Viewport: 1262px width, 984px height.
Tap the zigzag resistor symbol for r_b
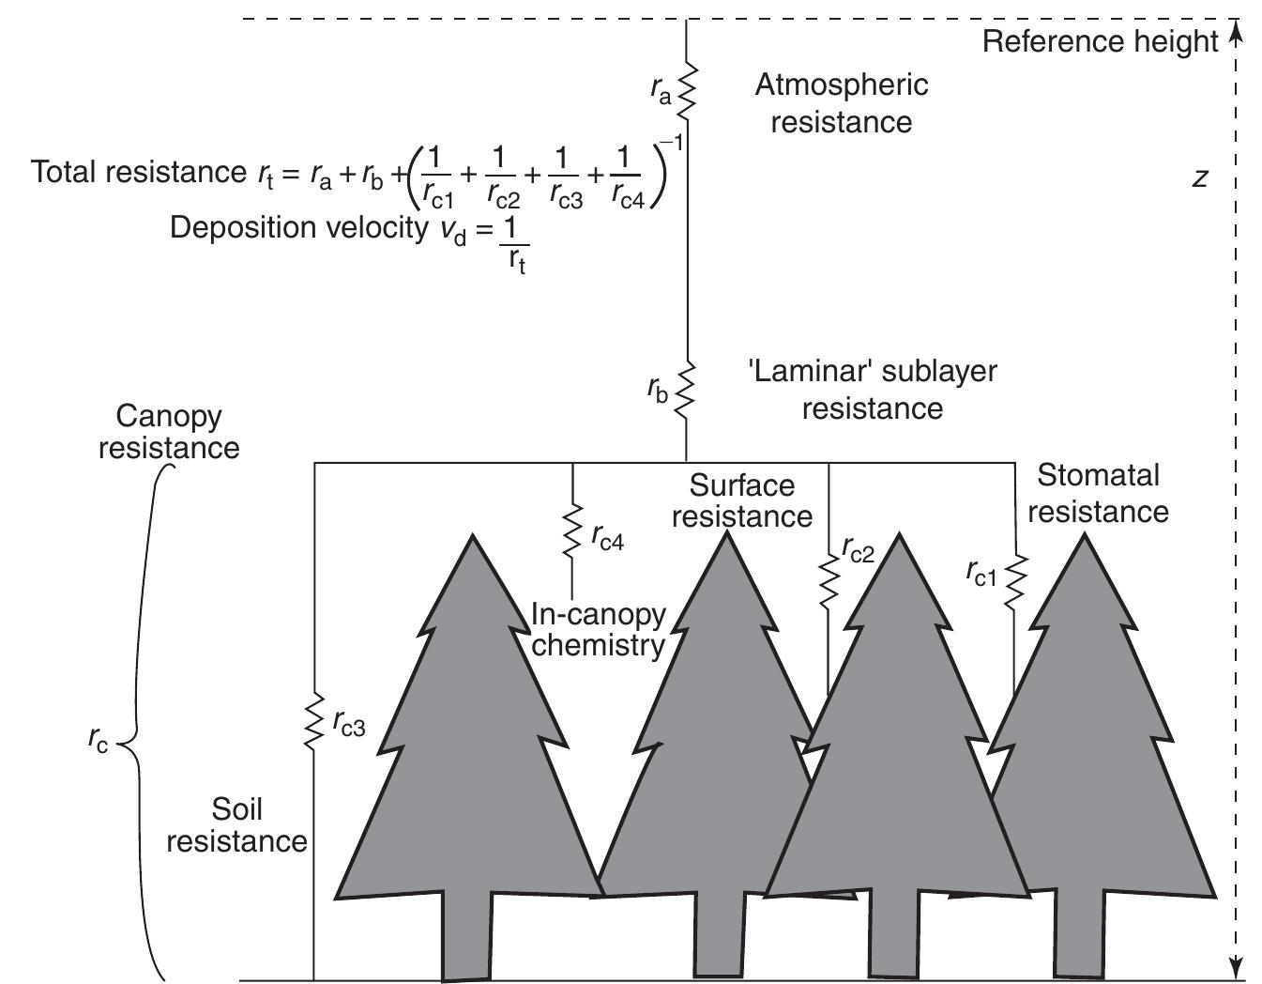pyautogui.click(x=686, y=388)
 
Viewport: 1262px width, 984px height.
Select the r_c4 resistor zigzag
pyautogui.click(x=571, y=532)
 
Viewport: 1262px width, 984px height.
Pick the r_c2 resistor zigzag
pyautogui.click(x=829, y=579)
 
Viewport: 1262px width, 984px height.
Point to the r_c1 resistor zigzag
pyautogui.click(x=1014, y=579)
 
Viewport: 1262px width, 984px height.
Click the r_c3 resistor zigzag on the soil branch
pyautogui.click(x=314, y=722)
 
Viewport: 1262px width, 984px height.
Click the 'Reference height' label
pyautogui.click(x=1100, y=42)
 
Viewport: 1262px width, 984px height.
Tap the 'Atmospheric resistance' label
pyautogui.click(x=842, y=103)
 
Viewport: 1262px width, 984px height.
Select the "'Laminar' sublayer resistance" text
pyautogui.click(x=872, y=390)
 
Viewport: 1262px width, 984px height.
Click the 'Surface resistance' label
pyautogui.click(x=741, y=500)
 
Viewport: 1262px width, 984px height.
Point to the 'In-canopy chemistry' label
pyautogui.click(x=599, y=630)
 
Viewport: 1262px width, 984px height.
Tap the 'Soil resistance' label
pyautogui.click(x=236, y=825)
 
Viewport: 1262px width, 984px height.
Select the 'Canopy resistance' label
pyautogui.click(x=169, y=432)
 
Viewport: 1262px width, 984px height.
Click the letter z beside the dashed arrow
pyautogui.click(x=1199, y=177)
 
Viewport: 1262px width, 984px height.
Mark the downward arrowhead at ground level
pyautogui.click(x=1236, y=967)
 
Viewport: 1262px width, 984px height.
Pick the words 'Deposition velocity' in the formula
pyautogui.click(x=298, y=228)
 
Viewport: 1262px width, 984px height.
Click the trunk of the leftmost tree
pyautogui.click(x=465, y=934)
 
